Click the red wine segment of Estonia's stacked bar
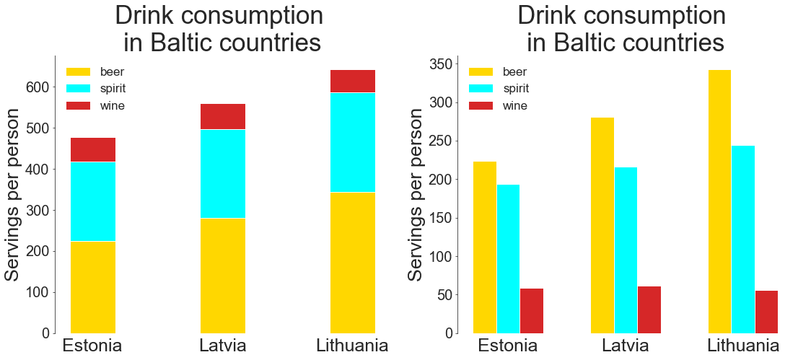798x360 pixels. coord(93,149)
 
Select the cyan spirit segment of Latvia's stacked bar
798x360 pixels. coord(223,173)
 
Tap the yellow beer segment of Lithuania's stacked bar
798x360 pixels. coord(353,263)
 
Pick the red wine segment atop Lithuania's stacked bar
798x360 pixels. coord(353,81)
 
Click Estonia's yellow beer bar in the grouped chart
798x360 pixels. coord(485,247)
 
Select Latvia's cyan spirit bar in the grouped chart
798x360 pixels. coord(626,250)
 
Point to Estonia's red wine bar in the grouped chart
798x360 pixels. coord(532,311)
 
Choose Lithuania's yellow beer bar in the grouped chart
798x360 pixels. coord(719,201)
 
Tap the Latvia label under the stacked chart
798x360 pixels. coord(223,346)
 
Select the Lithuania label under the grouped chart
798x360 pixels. coord(743,346)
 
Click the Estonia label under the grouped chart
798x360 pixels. coord(508,346)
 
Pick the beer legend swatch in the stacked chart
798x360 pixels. coord(79,72)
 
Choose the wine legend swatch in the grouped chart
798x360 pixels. coord(481,106)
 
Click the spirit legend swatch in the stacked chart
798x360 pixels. coord(79,89)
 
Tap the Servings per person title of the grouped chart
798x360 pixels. coord(416,195)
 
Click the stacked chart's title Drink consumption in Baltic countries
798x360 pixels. coord(220,29)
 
